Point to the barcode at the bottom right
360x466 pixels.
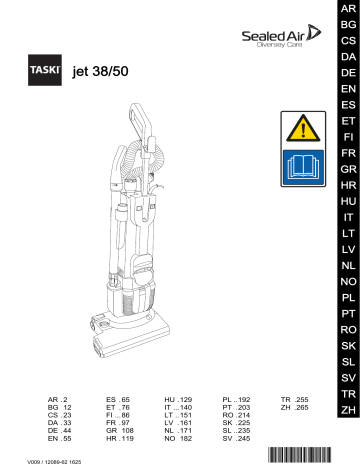(x=308, y=455)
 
